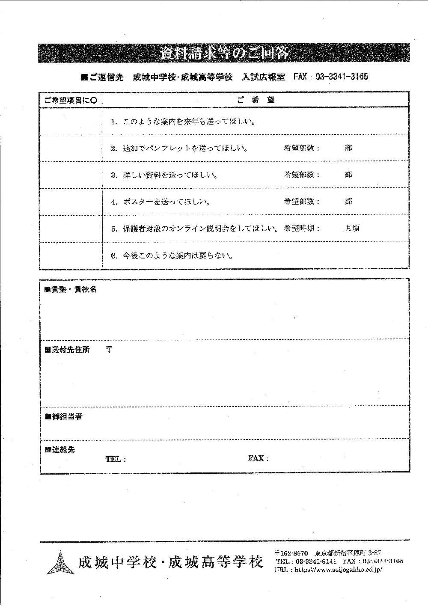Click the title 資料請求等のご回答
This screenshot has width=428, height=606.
[224, 54]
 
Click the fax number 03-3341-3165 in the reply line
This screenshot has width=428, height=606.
[342, 77]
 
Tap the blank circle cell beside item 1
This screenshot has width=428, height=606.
[71, 122]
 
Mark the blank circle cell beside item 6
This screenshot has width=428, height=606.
[71, 256]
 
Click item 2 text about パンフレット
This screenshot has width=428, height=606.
[180, 149]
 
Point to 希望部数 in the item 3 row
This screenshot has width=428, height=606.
[301, 175]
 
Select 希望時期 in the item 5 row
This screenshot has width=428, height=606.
[301, 228]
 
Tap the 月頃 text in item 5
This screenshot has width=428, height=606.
[352, 228]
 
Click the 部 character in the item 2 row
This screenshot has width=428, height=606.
[348, 148]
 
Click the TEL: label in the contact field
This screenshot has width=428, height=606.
[116, 459]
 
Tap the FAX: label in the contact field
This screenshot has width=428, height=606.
[258, 459]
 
